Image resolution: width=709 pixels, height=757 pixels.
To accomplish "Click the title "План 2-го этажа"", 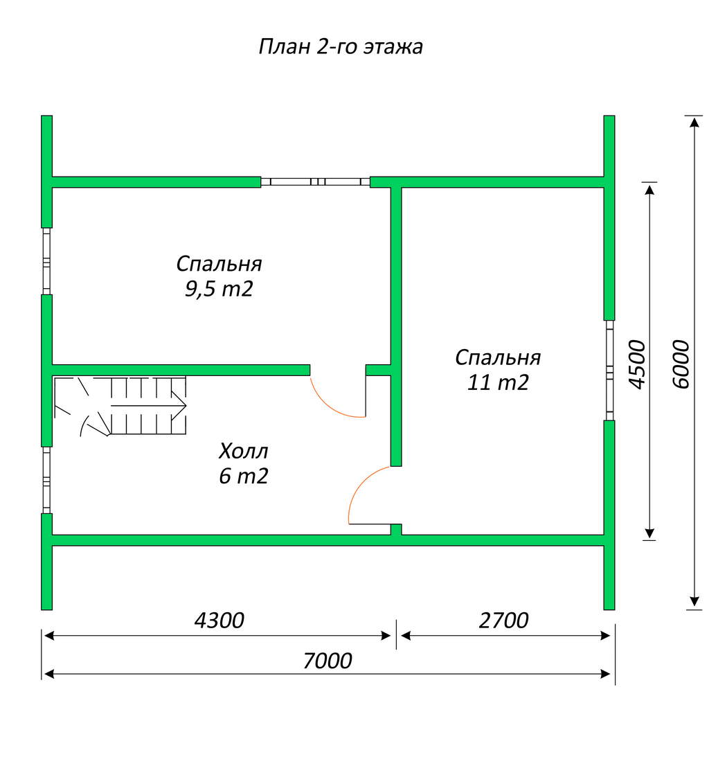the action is [341, 47].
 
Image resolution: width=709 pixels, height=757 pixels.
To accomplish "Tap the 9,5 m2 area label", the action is [219, 289].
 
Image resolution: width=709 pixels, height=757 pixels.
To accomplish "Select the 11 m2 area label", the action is [498, 382].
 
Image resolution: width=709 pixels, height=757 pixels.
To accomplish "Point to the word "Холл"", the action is [243, 451].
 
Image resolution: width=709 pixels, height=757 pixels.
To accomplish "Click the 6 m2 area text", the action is [243, 476].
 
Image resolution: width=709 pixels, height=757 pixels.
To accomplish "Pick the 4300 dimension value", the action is [219, 621].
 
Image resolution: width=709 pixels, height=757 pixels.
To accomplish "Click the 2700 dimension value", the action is [503, 621].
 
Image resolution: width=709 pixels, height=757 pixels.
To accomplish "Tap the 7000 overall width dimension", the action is [327, 661].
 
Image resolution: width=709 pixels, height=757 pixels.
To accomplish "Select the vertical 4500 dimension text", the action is [637, 364].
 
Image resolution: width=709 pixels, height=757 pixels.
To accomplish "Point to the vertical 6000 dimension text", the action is [681, 364].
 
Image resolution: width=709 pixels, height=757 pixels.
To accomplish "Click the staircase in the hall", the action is [120, 407].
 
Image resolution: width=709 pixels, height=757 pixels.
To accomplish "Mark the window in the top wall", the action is [316, 182].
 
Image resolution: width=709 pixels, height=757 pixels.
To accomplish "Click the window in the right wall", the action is [609, 371].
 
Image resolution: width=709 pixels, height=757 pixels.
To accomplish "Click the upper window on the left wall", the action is [47, 261].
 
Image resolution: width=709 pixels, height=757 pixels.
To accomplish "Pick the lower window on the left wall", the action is [47, 481].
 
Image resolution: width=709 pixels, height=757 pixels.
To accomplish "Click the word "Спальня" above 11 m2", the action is [498, 358].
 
